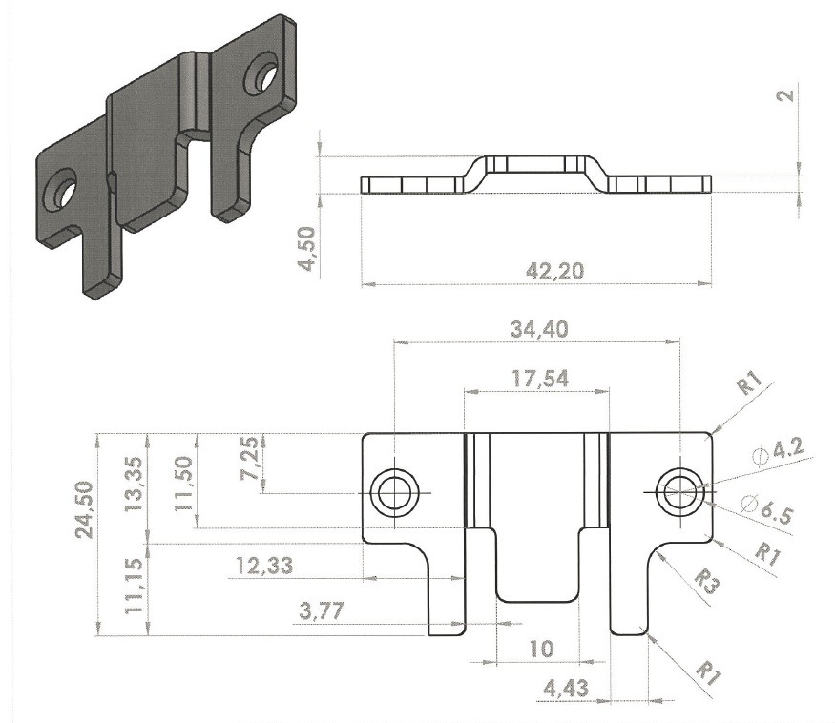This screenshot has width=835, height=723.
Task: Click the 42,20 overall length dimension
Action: pos(554,272)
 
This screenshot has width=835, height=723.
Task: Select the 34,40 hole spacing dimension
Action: pos(539,330)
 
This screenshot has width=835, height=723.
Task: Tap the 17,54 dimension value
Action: pos(540,379)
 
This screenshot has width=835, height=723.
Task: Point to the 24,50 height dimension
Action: pos(85,509)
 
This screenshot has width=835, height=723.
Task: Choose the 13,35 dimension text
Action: pos(134,485)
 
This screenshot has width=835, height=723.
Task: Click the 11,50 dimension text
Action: pos(184,484)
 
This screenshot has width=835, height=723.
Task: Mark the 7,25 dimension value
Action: pos(250,458)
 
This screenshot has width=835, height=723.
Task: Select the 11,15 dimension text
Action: pos(134,586)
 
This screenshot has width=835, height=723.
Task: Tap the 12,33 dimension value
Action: pos(264,566)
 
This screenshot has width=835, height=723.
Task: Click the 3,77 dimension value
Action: pos(322,610)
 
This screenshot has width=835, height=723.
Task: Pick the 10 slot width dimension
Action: pos(542,649)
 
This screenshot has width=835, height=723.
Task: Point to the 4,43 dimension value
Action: pos(566,689)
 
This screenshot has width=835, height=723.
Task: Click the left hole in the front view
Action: pos(395,492)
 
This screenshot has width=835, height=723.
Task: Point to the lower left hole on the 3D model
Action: pos(61,191)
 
